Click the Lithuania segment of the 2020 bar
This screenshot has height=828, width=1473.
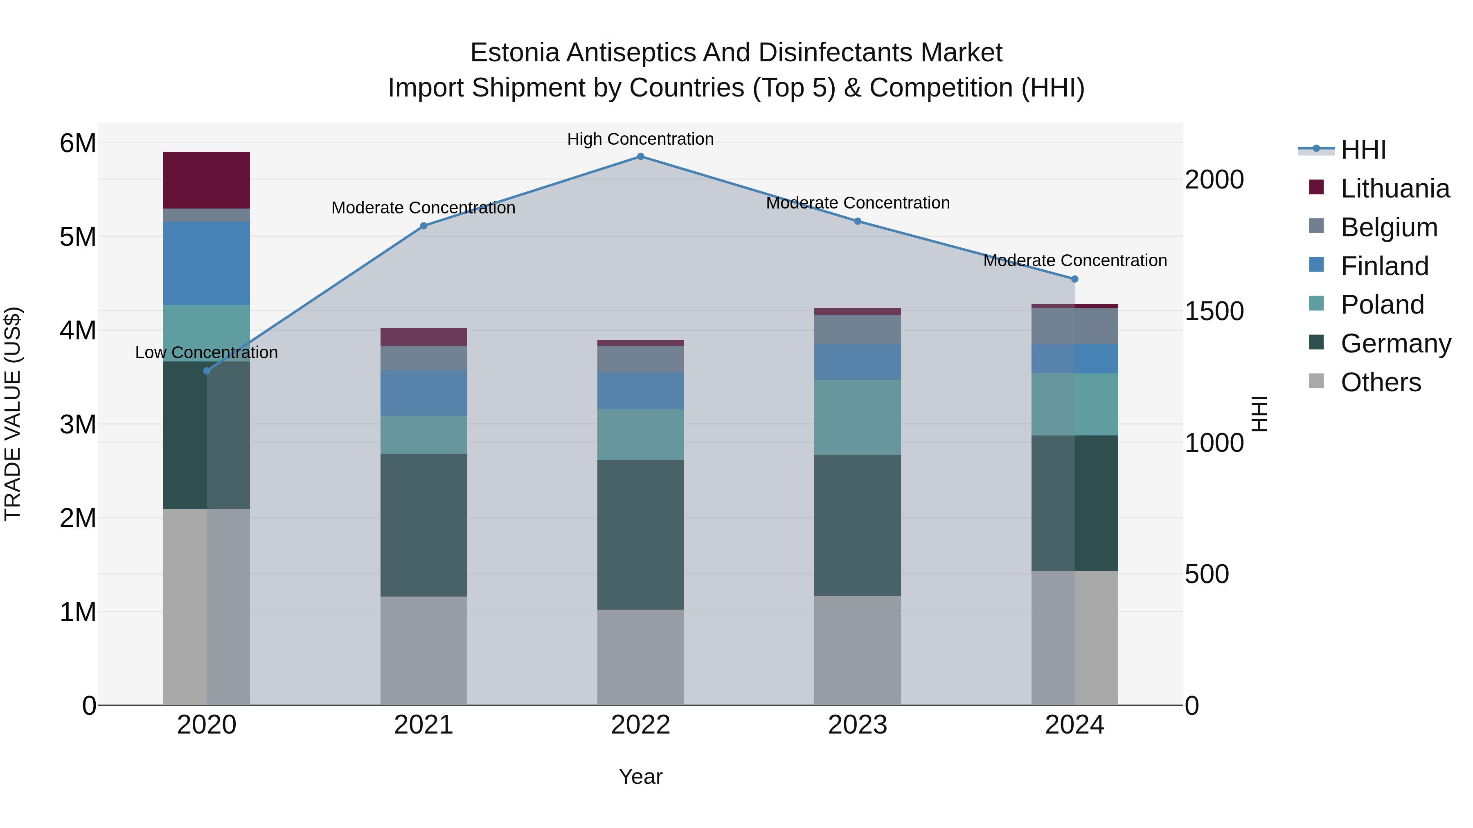[x=207, y=180]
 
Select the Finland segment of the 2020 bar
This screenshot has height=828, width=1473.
[x=207, y=263]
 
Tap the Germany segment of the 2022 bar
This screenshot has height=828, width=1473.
[x=640, y=534]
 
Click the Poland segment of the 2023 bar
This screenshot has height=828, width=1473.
[x=857, y=417]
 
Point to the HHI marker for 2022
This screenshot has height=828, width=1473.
[x=640, y=157]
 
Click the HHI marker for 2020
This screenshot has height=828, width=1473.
[x=207, y=371]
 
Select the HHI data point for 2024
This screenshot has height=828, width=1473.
[x=1074, y=279]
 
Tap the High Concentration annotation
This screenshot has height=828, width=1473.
[x=640, y=139]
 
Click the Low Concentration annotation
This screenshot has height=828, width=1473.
[x=207, y=352]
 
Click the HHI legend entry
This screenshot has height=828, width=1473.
[x=1363, y=150]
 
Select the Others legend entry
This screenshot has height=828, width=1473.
[x=1381, y=382]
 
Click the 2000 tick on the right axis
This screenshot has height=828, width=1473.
[x=1214, y=180]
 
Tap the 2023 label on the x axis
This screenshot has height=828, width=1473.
[x=857, y=725]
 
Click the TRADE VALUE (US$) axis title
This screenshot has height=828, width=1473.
[x=13, y=414]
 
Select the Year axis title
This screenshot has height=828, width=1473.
[x=640, y=776]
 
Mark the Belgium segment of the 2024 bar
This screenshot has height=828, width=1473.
[x=1074, y=326]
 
